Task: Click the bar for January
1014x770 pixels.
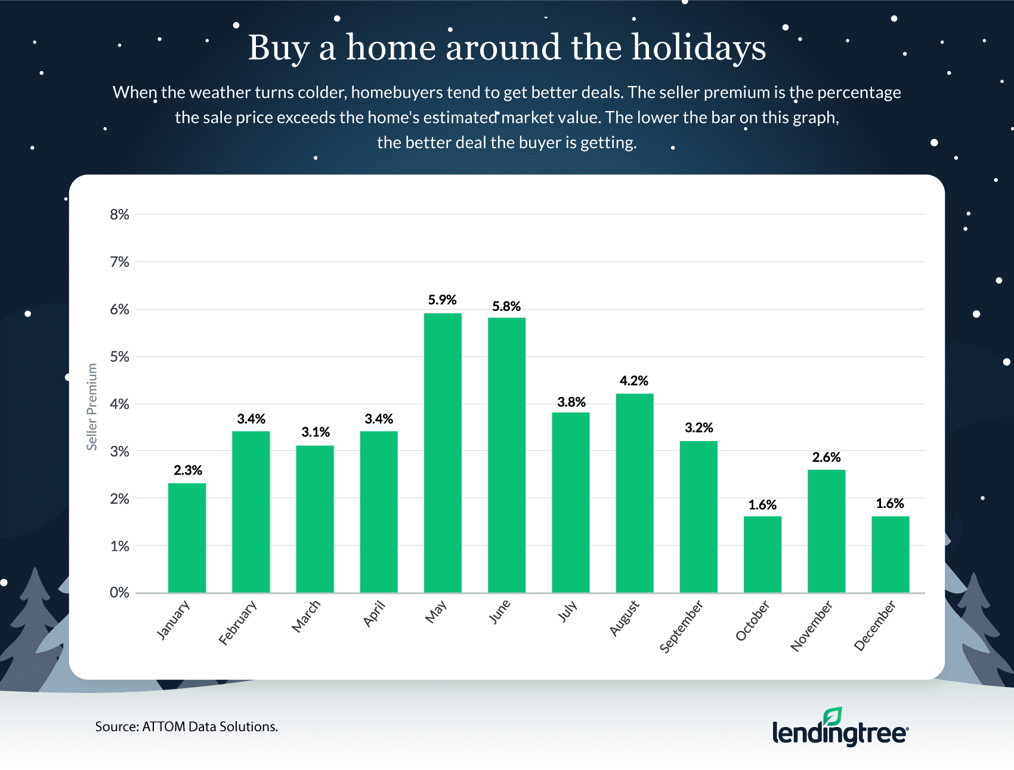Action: coord(187,537)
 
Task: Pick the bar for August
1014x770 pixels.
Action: coord(635,492)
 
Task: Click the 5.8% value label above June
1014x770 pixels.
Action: coord(506,306)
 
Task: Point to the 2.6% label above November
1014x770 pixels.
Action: coord(826,457)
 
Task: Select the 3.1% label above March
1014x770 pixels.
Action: coord(315,432)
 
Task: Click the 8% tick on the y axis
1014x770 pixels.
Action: coord(119,215)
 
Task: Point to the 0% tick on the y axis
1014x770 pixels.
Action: coord(119,593)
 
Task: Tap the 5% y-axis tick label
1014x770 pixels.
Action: coord(119,357)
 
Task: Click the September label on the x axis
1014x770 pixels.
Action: coord(681,627)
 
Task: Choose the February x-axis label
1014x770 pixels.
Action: coord(237,623)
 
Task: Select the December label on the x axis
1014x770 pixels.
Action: coord(874,626)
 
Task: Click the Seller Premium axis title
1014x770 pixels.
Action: coord(92,406)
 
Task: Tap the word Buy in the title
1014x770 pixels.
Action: coord(279,48)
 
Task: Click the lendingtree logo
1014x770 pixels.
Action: coord(840,729)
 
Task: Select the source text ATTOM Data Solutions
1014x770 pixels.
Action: coord(210,726)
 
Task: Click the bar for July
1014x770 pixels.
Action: coord(570,502)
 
